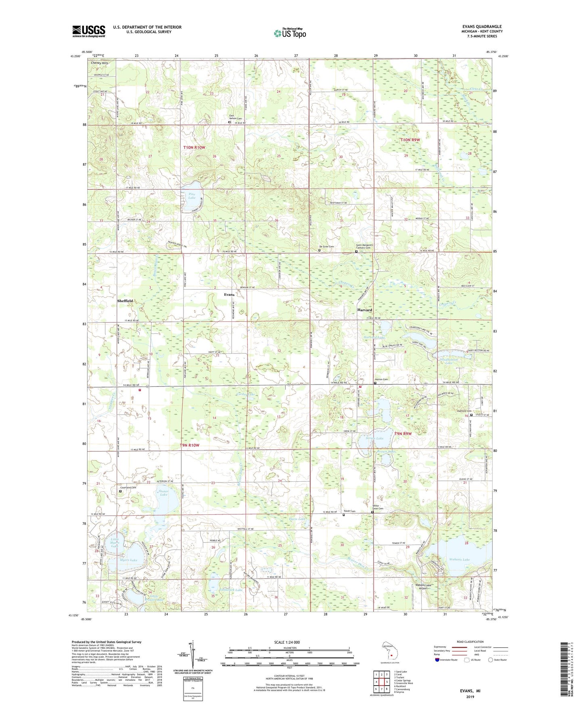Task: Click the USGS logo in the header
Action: coord(89,31)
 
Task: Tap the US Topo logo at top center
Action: coord(290,33)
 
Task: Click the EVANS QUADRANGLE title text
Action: coord(482,27)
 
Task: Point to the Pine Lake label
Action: coord(192,196)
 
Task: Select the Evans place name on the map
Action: coord(229,295)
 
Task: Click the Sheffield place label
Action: coord(125,301)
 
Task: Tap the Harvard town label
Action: coord(364,310)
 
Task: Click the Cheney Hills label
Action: coord(100,63)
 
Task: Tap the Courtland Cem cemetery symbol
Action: coord(120,491)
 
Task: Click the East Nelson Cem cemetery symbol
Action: coord(230,122)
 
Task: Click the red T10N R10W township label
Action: coord(194,148)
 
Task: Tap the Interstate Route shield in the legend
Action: coord(438,660)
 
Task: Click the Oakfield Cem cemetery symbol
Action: coord(471,414)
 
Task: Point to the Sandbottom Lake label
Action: coord(443,361)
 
